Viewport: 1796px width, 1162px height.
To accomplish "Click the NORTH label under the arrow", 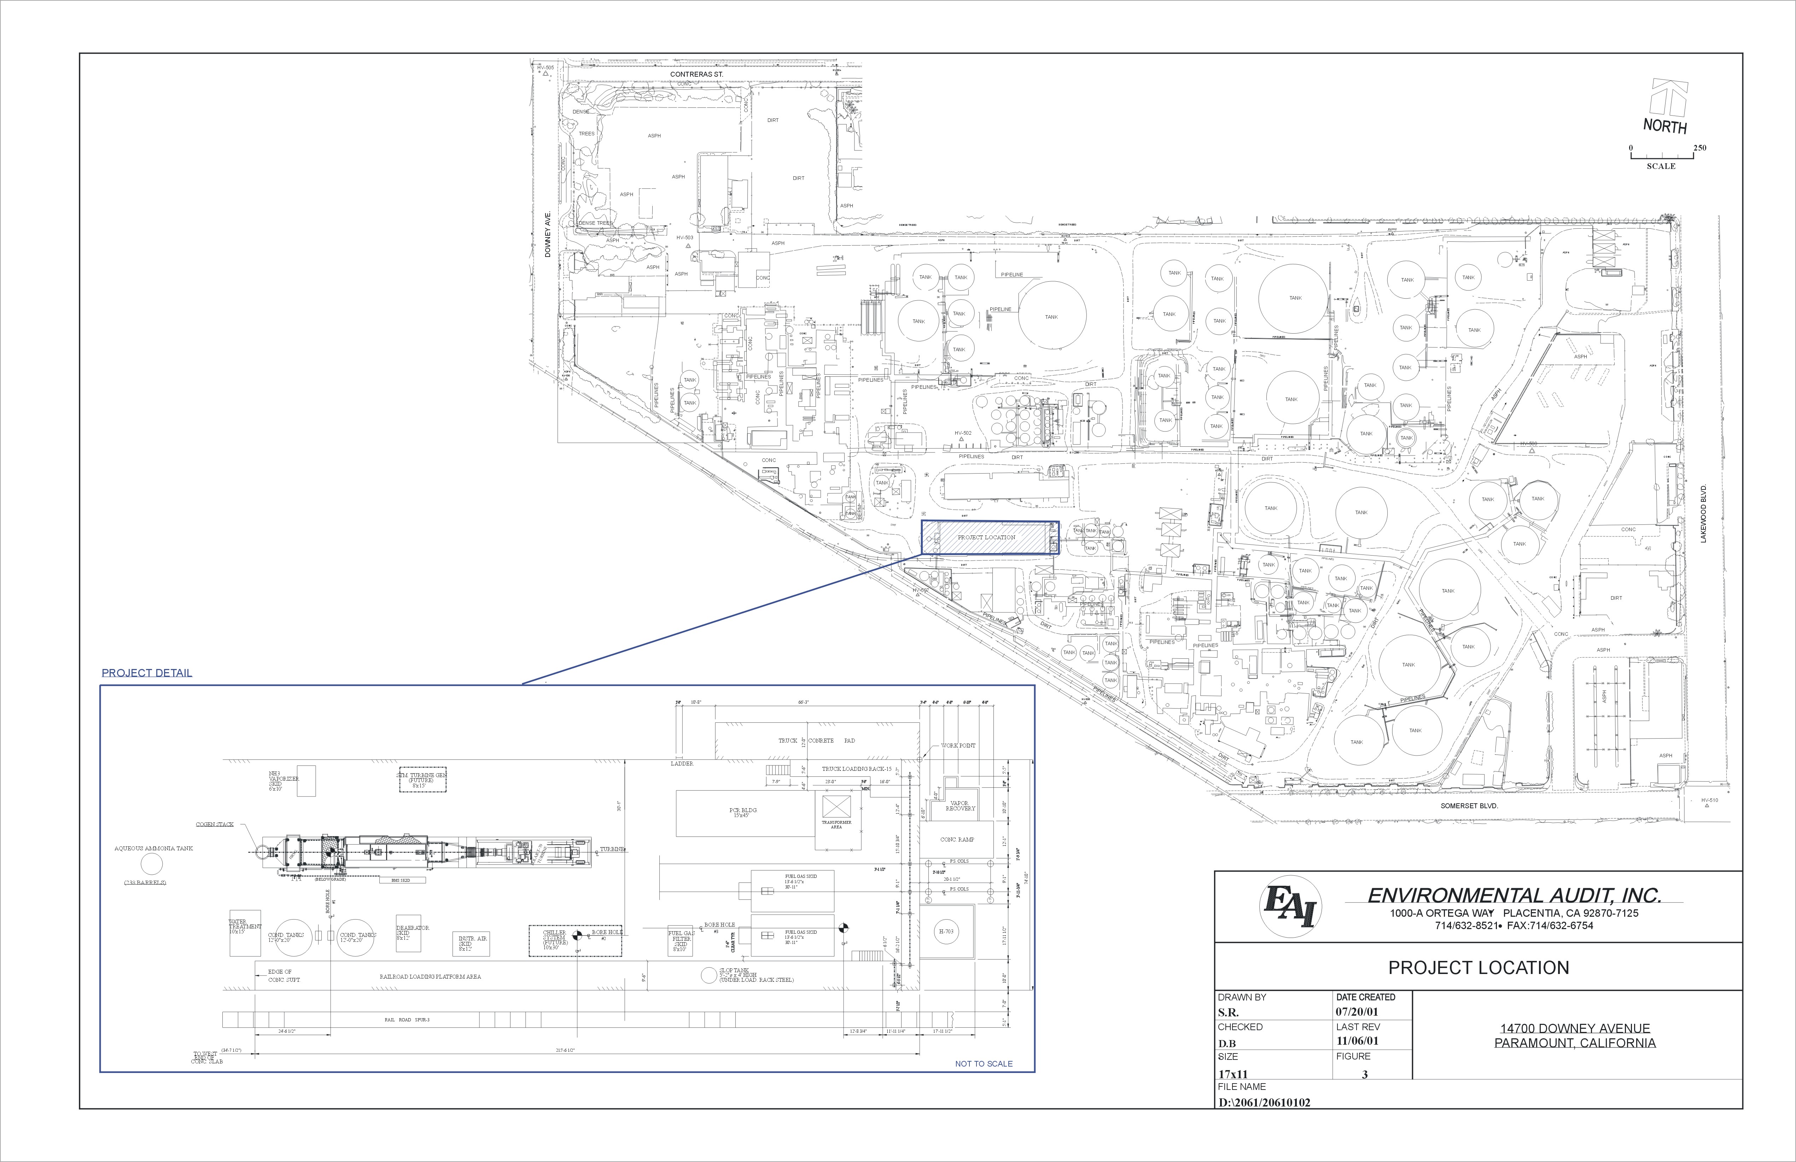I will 1665,126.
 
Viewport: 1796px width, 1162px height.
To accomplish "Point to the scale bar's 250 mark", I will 1699,148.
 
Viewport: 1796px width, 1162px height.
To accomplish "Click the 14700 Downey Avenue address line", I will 1575,1028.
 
